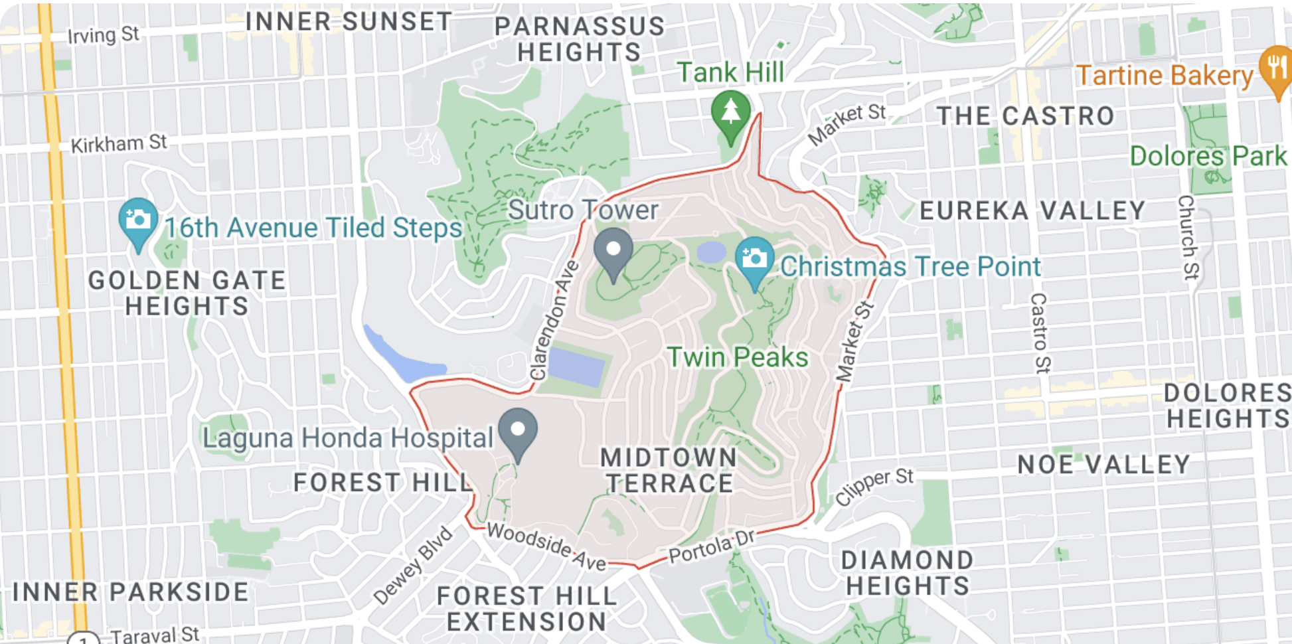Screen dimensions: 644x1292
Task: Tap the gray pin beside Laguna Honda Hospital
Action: point(518,432)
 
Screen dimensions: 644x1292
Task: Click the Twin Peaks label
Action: point(738,358)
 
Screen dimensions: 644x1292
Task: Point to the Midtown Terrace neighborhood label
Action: point(669,471)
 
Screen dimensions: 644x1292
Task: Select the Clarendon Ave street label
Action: point(554,321)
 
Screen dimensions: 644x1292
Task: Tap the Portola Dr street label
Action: point(712,546)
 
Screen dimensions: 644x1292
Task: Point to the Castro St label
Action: point(1039,333)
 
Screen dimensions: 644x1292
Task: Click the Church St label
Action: point(1188,237)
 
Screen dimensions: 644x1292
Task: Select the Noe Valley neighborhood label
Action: point(1103,465)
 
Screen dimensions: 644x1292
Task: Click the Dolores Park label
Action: point(1208,157)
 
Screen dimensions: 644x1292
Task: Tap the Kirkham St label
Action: point(119,143)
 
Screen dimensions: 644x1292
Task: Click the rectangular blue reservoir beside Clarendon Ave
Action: point(576,366)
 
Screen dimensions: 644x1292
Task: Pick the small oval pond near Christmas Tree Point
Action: point(712,252)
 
